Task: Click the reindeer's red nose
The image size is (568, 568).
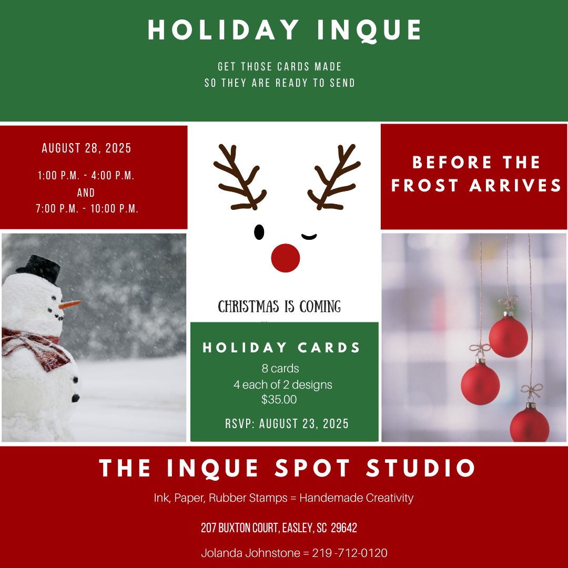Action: click(x=286, y=258)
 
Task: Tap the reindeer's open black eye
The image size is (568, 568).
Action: click(x=259, y=232)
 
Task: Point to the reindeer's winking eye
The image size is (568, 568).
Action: click(x=309, y=237)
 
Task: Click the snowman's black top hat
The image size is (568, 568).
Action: click(x=39, y=268)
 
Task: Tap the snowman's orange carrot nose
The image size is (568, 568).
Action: click(x=69, y=305)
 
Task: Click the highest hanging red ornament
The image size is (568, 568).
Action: click(x=508, y=337)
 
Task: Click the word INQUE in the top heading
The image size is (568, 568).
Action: click(x=369, y=30)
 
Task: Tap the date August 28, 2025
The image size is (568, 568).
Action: click(x=87, y=148)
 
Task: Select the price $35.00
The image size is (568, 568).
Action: click(x=279, y=400)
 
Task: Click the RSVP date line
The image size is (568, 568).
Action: click(x=287, y=423)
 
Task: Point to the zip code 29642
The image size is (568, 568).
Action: click(x=344, y=528)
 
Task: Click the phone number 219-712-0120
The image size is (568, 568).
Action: click(x=350, y=553)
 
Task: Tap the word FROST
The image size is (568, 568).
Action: click(x=425, y=186)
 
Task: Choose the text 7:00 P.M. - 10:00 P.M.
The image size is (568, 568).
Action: click(x=87, y=209)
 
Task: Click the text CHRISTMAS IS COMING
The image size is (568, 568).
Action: click(x=279, y=307)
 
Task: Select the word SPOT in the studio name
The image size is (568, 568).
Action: click(x=312, y=468)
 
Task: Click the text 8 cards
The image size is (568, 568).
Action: click(x=280, y=368)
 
